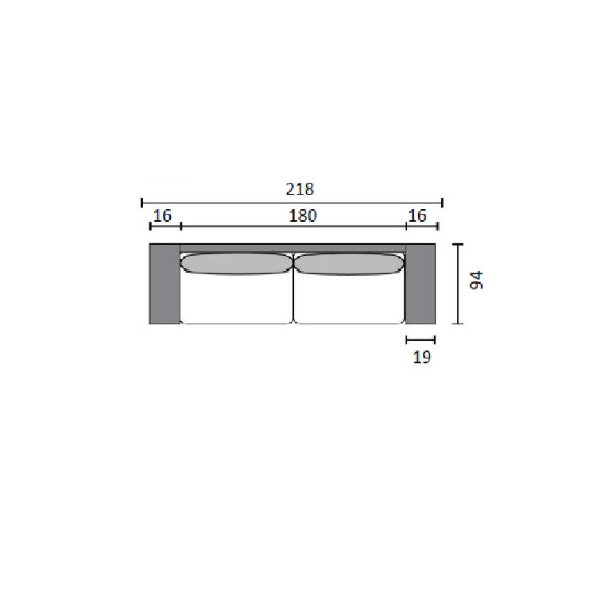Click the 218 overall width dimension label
(300, 189)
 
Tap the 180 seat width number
(303, 216)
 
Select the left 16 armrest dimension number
(162, 216)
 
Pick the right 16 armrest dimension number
(417, 216)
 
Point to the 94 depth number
(476, 280)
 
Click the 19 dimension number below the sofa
(421, 357)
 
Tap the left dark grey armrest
(165, 284)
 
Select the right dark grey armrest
(421, 284)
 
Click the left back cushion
(237, 263)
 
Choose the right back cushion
(349, 263)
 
